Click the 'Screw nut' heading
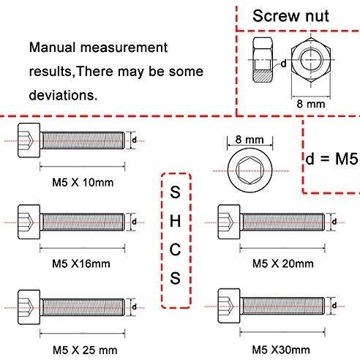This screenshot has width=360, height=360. point(290,16)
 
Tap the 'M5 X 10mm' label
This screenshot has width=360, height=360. point(83,182)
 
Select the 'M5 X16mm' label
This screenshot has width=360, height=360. point(81,263)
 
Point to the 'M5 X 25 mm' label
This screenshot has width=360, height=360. point(85,350)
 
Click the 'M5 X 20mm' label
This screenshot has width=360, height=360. point(283,263)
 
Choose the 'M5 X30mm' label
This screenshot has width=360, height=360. point(281,350)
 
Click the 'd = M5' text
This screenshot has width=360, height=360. point(331,159)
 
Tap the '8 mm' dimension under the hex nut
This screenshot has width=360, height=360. point(311,104)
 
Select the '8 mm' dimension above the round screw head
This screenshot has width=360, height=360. point(250,140)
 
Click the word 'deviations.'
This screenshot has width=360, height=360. point(63,95)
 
